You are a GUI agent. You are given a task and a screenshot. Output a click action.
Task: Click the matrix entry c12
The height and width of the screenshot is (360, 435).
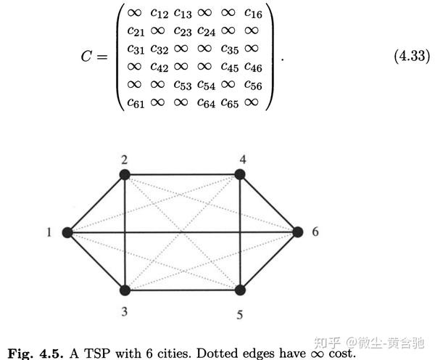[x=159, y=12]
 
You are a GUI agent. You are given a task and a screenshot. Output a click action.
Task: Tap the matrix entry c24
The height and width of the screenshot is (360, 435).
[x=207, y=30]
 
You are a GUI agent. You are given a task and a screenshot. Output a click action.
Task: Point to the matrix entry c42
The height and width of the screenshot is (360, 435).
[x=159, y=67]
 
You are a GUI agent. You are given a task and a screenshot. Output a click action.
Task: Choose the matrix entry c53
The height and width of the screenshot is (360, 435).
[x=183, y=85]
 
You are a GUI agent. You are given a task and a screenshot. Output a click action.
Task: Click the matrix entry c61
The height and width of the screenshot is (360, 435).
[x=136, y=103]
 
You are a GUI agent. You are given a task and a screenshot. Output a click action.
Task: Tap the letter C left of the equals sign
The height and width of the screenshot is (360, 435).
[x=86, y=58]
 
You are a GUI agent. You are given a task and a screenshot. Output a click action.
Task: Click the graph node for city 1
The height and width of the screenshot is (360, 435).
[x=67, y=232]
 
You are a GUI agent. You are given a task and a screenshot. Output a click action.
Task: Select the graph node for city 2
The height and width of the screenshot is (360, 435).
[x=125, y=174]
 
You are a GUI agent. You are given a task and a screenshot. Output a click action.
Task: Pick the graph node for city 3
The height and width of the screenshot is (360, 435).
[x=125, y=290]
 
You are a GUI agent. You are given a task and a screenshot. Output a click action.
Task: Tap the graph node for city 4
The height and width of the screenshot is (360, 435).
[x=239, y=174]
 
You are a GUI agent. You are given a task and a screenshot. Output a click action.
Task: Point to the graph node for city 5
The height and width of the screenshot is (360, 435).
[x=239, y=290]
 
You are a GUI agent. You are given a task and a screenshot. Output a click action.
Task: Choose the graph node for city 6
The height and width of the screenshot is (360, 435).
[x=297, y=232]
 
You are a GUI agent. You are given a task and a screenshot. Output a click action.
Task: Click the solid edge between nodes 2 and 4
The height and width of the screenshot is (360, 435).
[x=182, y=174]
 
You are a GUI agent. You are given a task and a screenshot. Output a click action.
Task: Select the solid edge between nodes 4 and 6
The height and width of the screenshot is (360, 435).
[x=268, y=203]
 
